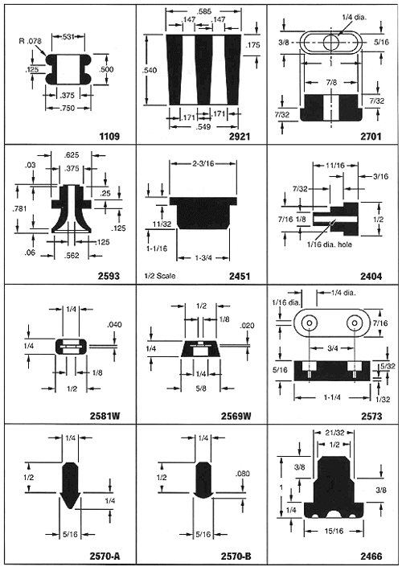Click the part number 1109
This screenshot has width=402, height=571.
click(109, 137)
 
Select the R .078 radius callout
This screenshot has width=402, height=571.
click(31, 41)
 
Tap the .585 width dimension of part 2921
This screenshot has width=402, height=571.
click(203, 11)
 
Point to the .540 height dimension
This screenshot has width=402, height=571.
click(150, 70)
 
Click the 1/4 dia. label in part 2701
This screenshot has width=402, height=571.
click(355, 17)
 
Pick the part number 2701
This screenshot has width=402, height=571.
click(371, 137)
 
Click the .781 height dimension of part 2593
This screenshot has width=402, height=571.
click(19, 209)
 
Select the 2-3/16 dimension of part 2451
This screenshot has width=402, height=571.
click(203, 163)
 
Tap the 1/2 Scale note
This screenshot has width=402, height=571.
click(158, 276)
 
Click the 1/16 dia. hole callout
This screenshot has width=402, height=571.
click(329, 244)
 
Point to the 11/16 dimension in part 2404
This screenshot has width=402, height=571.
click(335, 166)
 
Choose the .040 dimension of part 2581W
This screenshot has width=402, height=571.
click(114, 324)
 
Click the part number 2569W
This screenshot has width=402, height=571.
click(236, 416)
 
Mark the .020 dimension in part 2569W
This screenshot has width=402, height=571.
click(247, 325)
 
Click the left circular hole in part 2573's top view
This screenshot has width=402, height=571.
click(310, 322)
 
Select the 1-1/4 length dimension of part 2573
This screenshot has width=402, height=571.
click(332, 397)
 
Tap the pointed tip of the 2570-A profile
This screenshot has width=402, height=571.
click(70, 508)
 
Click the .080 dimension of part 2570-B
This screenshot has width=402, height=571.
click(243, 474)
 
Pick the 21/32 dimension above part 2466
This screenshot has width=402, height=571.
click(334, 433)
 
